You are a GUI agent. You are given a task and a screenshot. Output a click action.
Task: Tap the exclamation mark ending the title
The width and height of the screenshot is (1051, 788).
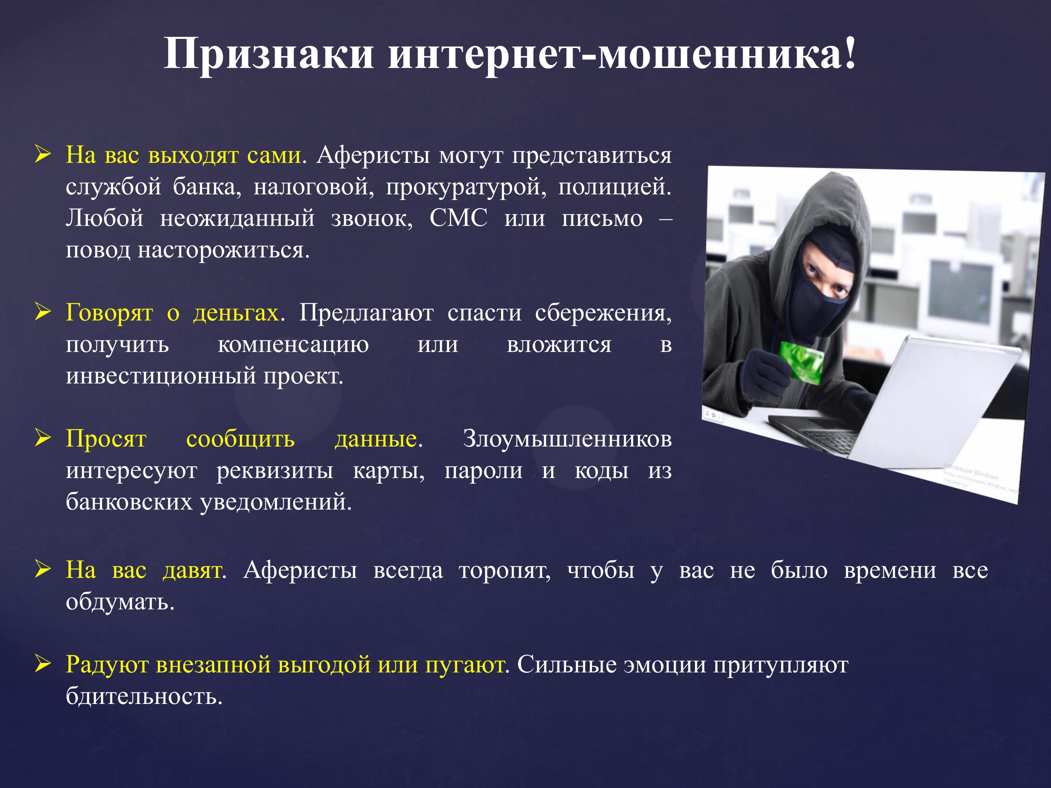click(x=850, y=53)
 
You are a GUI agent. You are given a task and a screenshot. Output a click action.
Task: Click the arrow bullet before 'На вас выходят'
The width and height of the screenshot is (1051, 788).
click(x=43, y=155)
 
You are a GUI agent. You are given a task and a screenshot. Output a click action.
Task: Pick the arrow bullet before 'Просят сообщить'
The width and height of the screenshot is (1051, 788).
click(x=43, y=438)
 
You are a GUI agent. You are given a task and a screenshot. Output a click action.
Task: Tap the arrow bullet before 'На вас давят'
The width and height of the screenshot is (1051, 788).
click(x=43, y=569)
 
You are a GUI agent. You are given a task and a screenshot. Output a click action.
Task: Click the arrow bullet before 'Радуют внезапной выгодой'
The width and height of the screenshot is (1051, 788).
click(x=43, y=664)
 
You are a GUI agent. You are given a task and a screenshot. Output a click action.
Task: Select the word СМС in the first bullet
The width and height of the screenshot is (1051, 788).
click(x=459, y=218)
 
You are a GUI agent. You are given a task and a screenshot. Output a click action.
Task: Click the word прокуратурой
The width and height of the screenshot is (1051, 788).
click(x=466, y=187)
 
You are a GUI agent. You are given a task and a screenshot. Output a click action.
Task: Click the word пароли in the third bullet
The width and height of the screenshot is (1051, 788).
click(x=483, y=470)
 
